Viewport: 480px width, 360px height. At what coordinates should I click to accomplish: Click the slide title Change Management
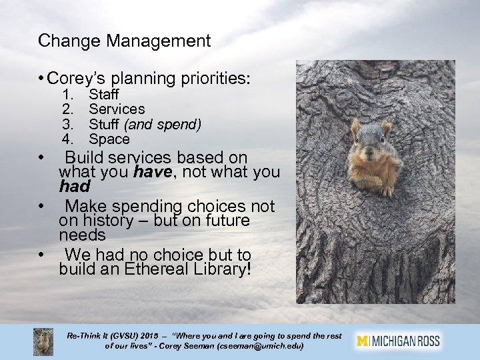pos(125,41)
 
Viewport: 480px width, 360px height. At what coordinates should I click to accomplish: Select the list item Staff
pos(103,95)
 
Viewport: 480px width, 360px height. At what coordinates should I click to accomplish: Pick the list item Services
pos(117,109)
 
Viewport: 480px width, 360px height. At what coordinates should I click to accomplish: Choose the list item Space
pos(109,139)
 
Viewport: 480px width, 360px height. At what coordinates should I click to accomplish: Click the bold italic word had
pos(73,188)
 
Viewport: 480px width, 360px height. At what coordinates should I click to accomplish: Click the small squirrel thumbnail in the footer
pos(44,341)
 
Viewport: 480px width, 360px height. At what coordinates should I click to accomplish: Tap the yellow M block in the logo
pos(363,340)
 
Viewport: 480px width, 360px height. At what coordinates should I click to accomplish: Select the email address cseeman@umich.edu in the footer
pos(263,347)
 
